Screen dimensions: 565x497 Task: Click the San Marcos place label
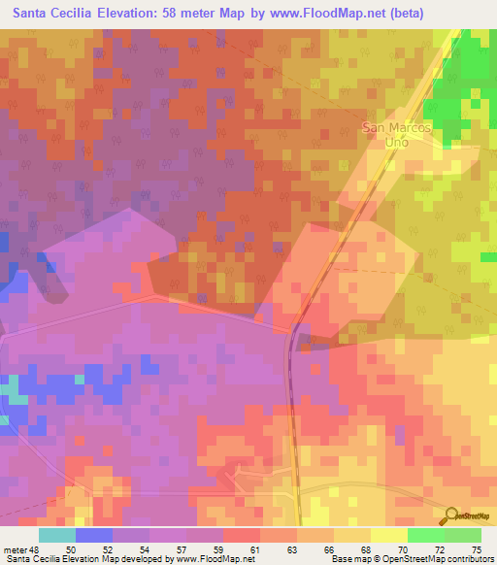396,126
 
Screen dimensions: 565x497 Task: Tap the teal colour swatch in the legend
57,535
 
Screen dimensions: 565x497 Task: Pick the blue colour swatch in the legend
94,535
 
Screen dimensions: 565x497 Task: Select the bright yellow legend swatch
388,535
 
